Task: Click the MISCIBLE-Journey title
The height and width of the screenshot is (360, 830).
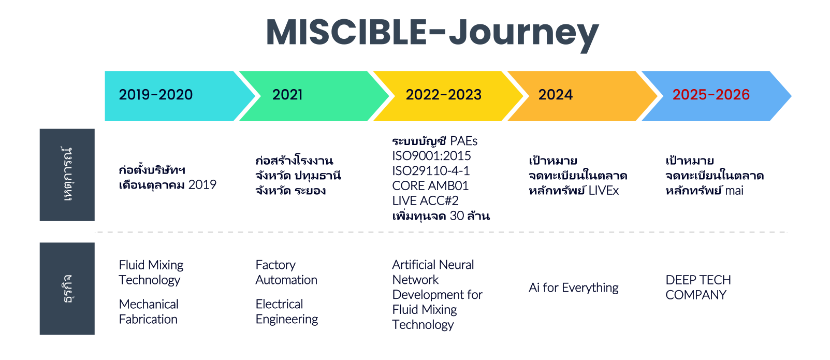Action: [x=432, y=33]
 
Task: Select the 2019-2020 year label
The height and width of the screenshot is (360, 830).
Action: [x=156, y=95]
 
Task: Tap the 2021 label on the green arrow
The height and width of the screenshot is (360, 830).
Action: [x=287, y=95]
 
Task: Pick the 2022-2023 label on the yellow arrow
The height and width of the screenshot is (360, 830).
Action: [x=444, y=95]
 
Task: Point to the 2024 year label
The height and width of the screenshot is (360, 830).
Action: [x=556, y=95]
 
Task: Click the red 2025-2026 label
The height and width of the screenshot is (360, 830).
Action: [x=711, y=95]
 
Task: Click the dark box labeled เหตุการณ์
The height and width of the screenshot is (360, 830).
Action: [x=67, y=175]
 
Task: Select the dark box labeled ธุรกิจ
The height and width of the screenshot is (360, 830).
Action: [x=67, y=289]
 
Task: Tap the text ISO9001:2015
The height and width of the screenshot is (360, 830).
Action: [x=431, y=156]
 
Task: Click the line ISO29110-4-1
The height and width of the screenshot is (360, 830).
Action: [x=431, y=170]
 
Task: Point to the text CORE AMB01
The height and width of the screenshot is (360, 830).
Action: [x=430, y=186]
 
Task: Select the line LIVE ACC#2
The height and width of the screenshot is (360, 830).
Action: [x=426, y=200]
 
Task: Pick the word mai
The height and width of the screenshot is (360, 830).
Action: [x=734, y=191]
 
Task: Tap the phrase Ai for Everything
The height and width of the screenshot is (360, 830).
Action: [x=574, y=287]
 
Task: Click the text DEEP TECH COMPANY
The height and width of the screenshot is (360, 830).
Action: [x=698, y=287]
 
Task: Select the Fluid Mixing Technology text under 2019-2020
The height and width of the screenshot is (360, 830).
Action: [x=151, y=272]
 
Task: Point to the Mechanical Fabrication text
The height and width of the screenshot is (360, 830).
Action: [x=149, y=312]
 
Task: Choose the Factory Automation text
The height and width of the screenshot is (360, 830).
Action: [x=286, y=272]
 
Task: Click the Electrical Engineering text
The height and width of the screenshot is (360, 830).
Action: [x=287, y=312]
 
